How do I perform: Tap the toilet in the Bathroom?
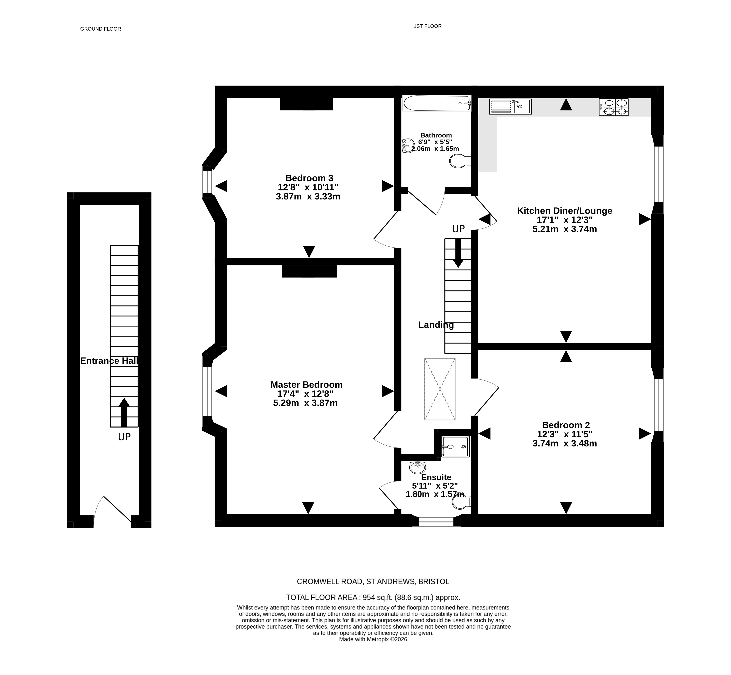pos(460,161)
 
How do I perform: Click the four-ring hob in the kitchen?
pos(614,107)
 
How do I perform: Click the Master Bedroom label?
pos(306,385)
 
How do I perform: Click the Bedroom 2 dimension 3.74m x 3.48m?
pos(565,443)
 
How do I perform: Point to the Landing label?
pos(436,325)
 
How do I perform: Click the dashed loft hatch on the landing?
pos(440,389)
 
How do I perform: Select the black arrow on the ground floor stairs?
pos(124,412)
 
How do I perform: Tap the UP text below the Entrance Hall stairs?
pos(124,437)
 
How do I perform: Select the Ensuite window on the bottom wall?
pos(436,522)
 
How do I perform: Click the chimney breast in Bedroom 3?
pos(306,104)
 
